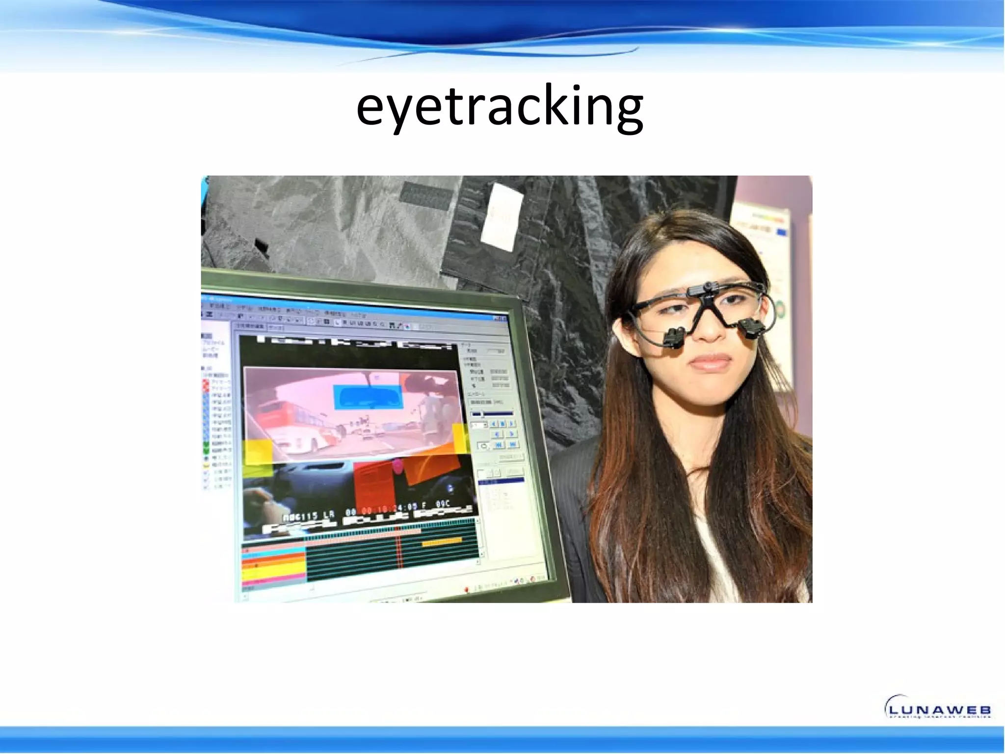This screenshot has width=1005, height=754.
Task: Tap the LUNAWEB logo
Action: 937,707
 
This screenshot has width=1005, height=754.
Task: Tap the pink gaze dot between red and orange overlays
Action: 397,466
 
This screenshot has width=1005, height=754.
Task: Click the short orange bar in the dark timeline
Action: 442,543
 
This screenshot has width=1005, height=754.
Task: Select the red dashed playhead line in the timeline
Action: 399,550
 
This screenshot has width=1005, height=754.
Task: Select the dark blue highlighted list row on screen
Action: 501,481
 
